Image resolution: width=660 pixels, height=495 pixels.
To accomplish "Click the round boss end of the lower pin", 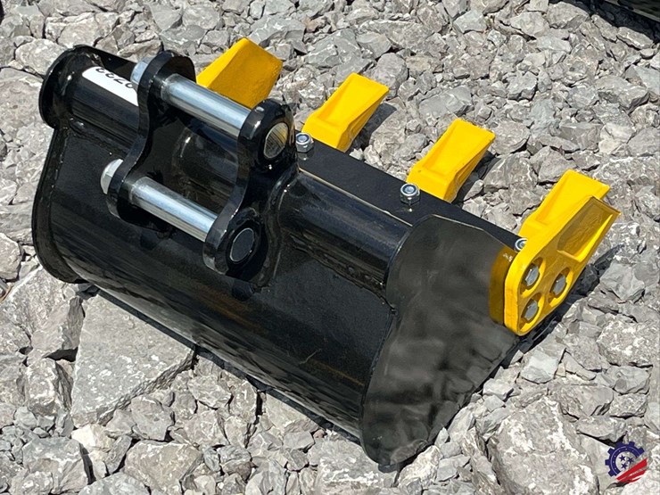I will pos(242,245).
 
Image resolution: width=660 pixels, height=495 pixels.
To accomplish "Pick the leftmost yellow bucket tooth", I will pos(241,72).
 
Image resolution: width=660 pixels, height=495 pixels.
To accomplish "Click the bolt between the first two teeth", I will pos(304,142).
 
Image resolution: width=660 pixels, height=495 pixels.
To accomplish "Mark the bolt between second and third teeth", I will pos(410,192).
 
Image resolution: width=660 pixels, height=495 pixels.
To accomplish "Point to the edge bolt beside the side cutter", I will pos(520,243).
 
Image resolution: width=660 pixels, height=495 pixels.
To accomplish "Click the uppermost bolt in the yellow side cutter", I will pos(532,276).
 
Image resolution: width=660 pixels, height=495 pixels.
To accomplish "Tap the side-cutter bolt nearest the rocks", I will pos(559,285).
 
